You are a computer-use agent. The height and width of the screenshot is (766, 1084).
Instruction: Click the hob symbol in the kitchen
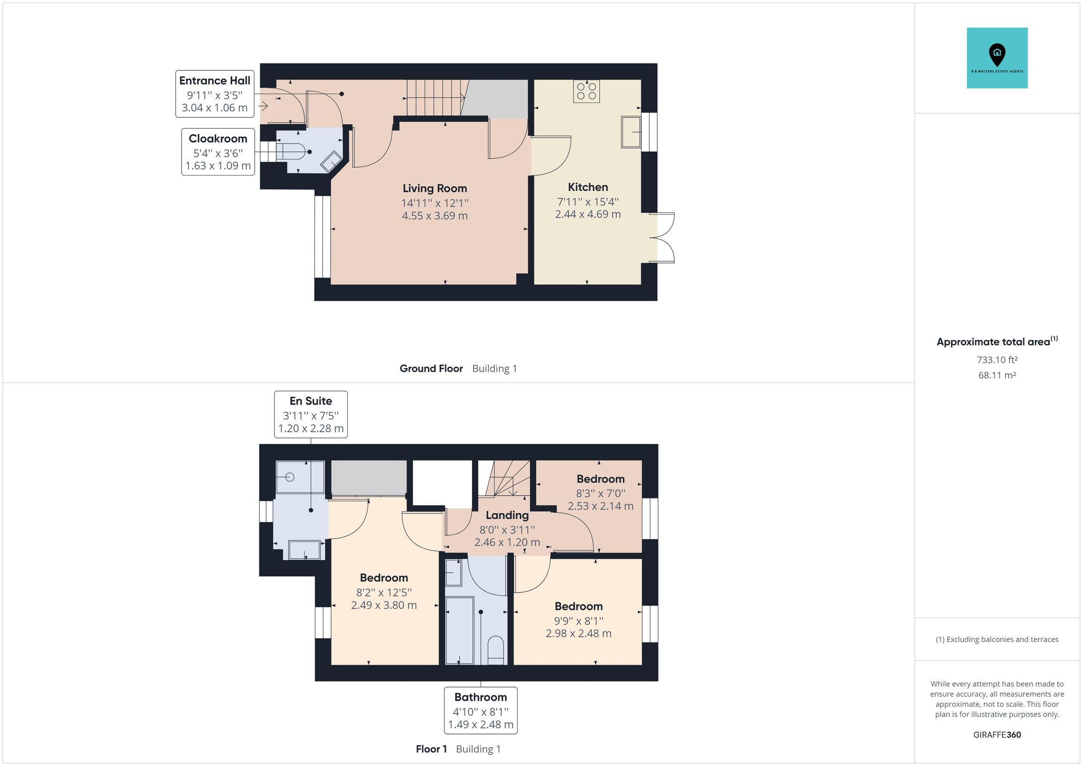[x=586, y=91]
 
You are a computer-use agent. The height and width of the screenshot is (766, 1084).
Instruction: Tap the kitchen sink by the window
[x=631, y=132]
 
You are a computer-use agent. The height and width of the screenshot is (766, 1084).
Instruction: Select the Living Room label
[x=435, y=188]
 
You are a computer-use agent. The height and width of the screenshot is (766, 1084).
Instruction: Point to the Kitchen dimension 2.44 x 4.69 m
[x=587, y=214]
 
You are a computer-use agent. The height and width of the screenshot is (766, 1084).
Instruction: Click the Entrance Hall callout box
[x=215, y=94]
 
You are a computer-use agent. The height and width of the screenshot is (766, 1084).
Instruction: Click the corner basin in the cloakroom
[x=332, y=162]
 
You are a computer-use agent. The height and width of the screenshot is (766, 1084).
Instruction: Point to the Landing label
[x=507, y=515]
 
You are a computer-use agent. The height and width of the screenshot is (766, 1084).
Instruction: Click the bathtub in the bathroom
[x=459, y=630]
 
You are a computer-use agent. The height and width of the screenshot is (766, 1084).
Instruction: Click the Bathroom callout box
[x=480, y=711]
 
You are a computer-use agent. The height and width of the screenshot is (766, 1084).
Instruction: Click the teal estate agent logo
[x=997, y=58]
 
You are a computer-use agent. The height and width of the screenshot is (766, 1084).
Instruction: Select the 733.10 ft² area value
[x=997, y=360]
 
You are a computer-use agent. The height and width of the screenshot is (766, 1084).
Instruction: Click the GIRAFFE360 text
[x=997, y=735]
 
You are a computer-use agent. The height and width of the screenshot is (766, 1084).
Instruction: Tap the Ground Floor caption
[x=430, y=369]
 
